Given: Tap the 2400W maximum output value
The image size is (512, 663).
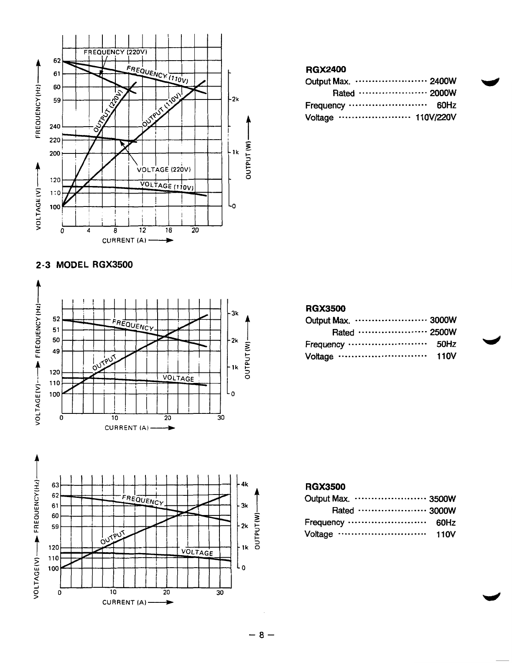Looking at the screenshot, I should (442, 81).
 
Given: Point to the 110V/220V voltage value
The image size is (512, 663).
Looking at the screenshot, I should (436, 117).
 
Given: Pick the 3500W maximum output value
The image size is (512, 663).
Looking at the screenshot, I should (442, 499).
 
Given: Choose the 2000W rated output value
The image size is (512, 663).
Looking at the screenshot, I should (442, 93).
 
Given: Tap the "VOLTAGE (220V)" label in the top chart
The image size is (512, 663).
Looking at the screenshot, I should (164, 169).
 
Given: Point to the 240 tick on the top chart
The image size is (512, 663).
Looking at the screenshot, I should (55, 127).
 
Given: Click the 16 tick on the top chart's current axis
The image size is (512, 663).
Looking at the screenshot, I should (168, 230).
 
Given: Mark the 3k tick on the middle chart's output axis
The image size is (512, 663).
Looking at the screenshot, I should (234, 313).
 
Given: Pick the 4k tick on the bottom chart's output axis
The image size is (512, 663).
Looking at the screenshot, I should (245, 485).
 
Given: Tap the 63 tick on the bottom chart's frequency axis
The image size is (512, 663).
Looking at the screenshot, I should (55, 485).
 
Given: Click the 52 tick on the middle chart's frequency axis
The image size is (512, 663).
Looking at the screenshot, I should (56, 319).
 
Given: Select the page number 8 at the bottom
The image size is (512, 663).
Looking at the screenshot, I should (262, 635).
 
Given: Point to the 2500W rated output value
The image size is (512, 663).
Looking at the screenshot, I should (443, 333).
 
